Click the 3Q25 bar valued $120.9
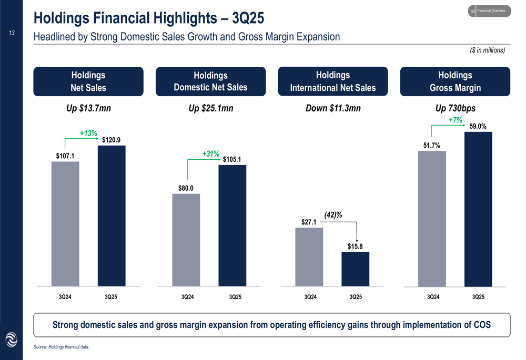[112, 215]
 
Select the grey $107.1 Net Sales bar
[65, 223]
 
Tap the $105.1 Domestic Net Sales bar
[232, 225]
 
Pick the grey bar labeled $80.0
[186, 240]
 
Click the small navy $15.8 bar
[356, 269]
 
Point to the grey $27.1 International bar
[309, 256]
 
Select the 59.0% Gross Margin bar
[478, 209]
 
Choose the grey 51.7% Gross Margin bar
[432, 219]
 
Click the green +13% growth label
[88, 133]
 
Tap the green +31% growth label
[210, 153]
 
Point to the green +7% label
[455, 120]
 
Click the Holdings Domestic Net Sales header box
[210, 81]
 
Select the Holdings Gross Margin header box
[455, 81]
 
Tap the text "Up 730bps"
[455, 109]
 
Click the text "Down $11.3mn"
[333, 109]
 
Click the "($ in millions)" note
[487, 50]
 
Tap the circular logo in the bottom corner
[11, 340]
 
